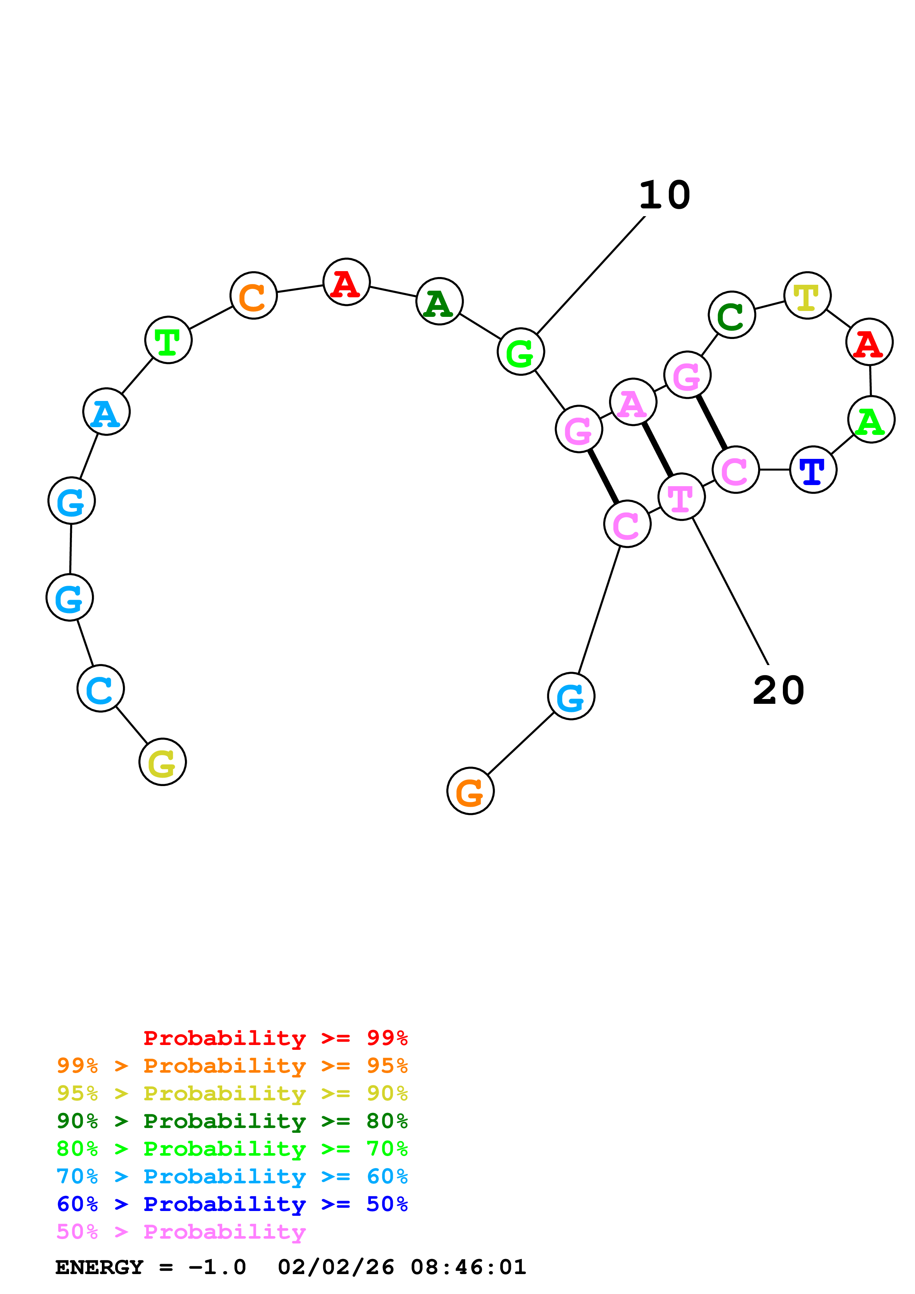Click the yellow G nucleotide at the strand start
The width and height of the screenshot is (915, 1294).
point(162,762)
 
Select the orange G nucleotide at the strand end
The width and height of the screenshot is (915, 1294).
point(470,791)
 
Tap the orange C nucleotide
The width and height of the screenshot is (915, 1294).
point(254,295)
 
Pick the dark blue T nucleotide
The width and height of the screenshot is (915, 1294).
point(813,470)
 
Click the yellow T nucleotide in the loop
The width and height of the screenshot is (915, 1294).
point(807,295)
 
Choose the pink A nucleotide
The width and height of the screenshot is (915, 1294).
point(633,402)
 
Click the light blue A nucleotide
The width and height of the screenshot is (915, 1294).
point(107,412)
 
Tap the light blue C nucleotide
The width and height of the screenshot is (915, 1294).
point(101,688)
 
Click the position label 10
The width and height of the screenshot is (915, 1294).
point(665,195)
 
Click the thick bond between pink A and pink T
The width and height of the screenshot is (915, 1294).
point(658,449)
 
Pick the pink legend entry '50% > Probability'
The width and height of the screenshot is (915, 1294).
point(181,1232)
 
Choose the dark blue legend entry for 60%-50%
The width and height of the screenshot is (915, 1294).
point(232,1204)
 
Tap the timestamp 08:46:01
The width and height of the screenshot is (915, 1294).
point(468,1267)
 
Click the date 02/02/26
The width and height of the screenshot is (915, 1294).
point(336,1267)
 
